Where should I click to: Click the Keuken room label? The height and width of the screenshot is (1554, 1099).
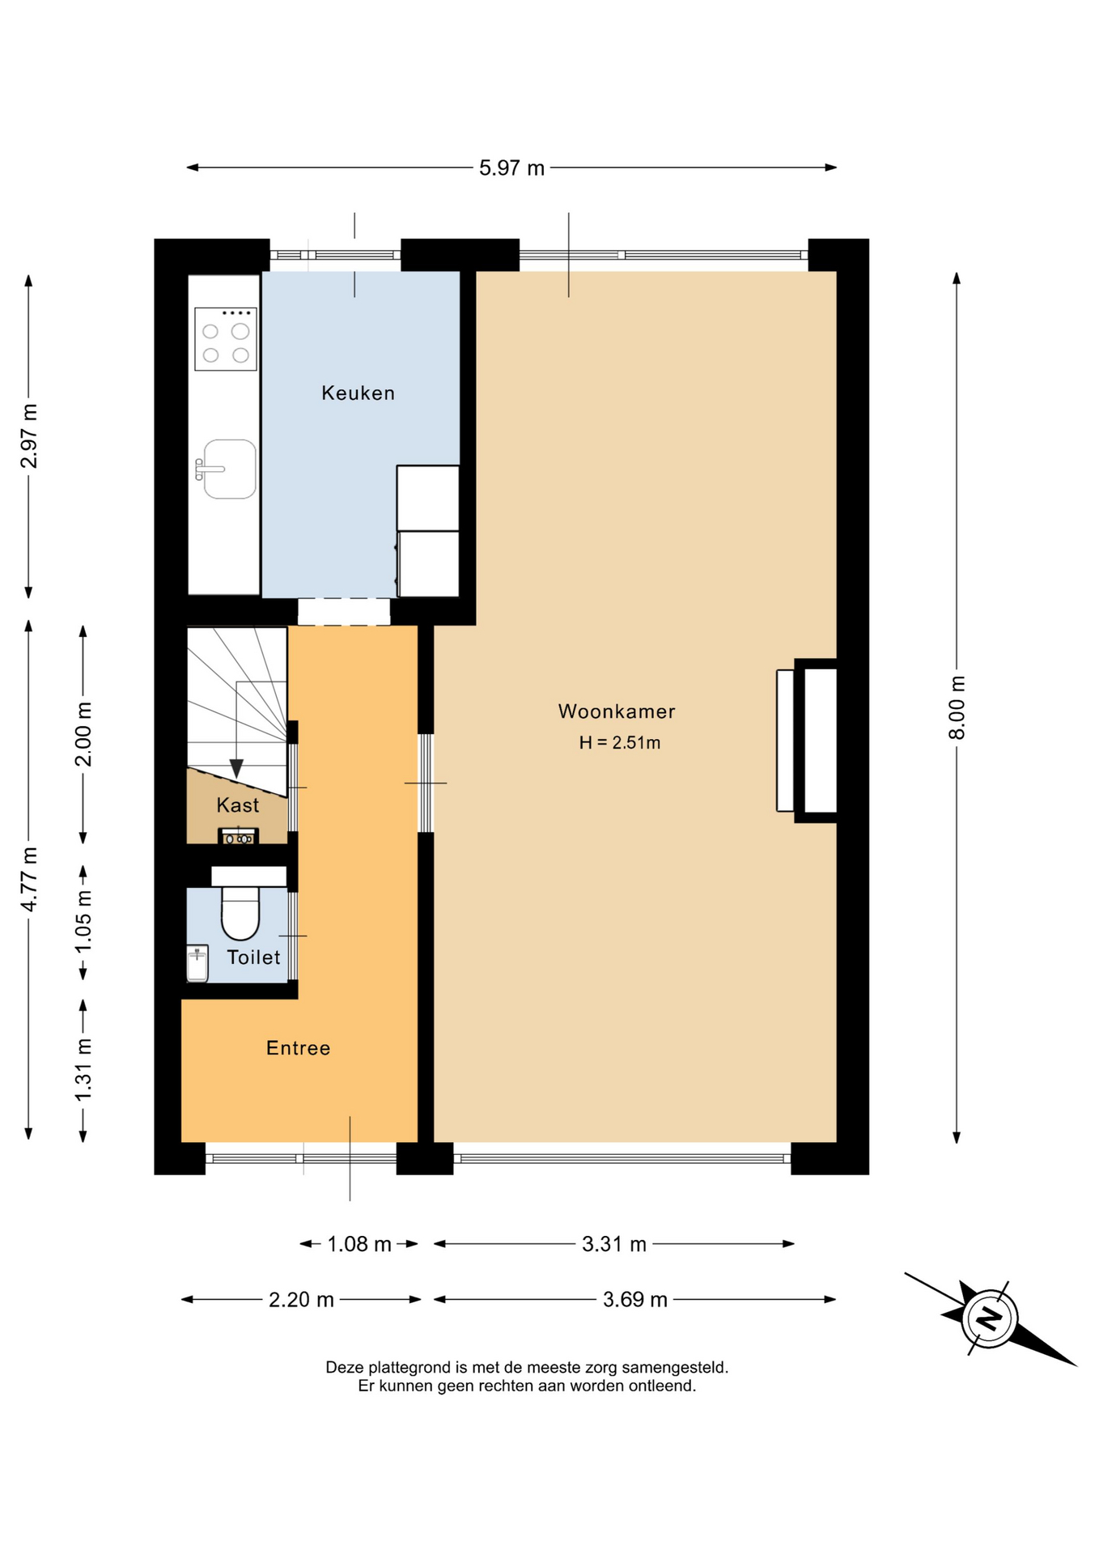click(358, 393)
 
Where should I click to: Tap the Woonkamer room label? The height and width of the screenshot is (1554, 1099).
click(617, 711)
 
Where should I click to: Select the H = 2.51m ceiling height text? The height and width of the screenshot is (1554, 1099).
click(620, 743)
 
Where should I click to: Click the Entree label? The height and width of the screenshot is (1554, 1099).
click(298, 1048)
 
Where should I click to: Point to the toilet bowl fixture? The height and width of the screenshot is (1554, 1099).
click(240, 911)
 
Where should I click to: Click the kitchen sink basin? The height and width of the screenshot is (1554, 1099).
click(230, 469)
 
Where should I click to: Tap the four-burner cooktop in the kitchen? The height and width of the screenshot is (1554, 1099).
click(226, 338)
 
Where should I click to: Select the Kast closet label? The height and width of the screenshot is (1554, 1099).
click(238, 805)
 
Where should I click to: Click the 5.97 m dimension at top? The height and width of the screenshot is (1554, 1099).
click(511, 168)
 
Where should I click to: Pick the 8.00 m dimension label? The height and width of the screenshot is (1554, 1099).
click(957, 707)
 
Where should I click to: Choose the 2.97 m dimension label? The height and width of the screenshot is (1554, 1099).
click(29, 435)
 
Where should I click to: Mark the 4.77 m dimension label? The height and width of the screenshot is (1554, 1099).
click(29, 879)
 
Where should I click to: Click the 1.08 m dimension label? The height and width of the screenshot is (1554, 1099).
click(359, 1244)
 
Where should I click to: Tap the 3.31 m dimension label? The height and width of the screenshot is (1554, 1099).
click(614, 1244)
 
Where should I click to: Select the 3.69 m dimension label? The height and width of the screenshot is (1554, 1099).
click(635, 1300)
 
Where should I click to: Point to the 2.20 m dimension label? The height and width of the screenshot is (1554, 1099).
click(301, 1300)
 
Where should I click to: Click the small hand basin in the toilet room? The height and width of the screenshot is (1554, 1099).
click(197, 963)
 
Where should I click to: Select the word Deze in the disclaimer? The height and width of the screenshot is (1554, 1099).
click(345, 1367)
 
